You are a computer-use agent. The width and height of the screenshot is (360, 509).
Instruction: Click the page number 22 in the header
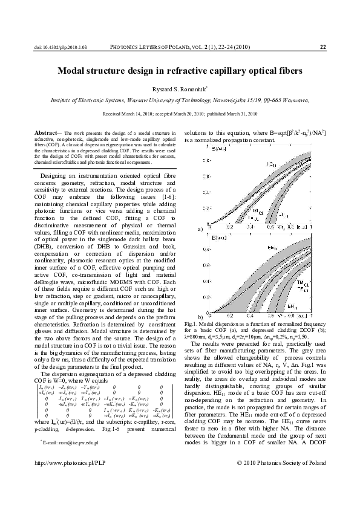point(322,46)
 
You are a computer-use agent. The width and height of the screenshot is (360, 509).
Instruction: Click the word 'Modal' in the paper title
point(75,71)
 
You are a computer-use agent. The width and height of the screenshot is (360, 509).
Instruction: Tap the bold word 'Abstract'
point(45,132)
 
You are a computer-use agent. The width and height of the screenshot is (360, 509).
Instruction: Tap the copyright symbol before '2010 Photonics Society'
point(242,479)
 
